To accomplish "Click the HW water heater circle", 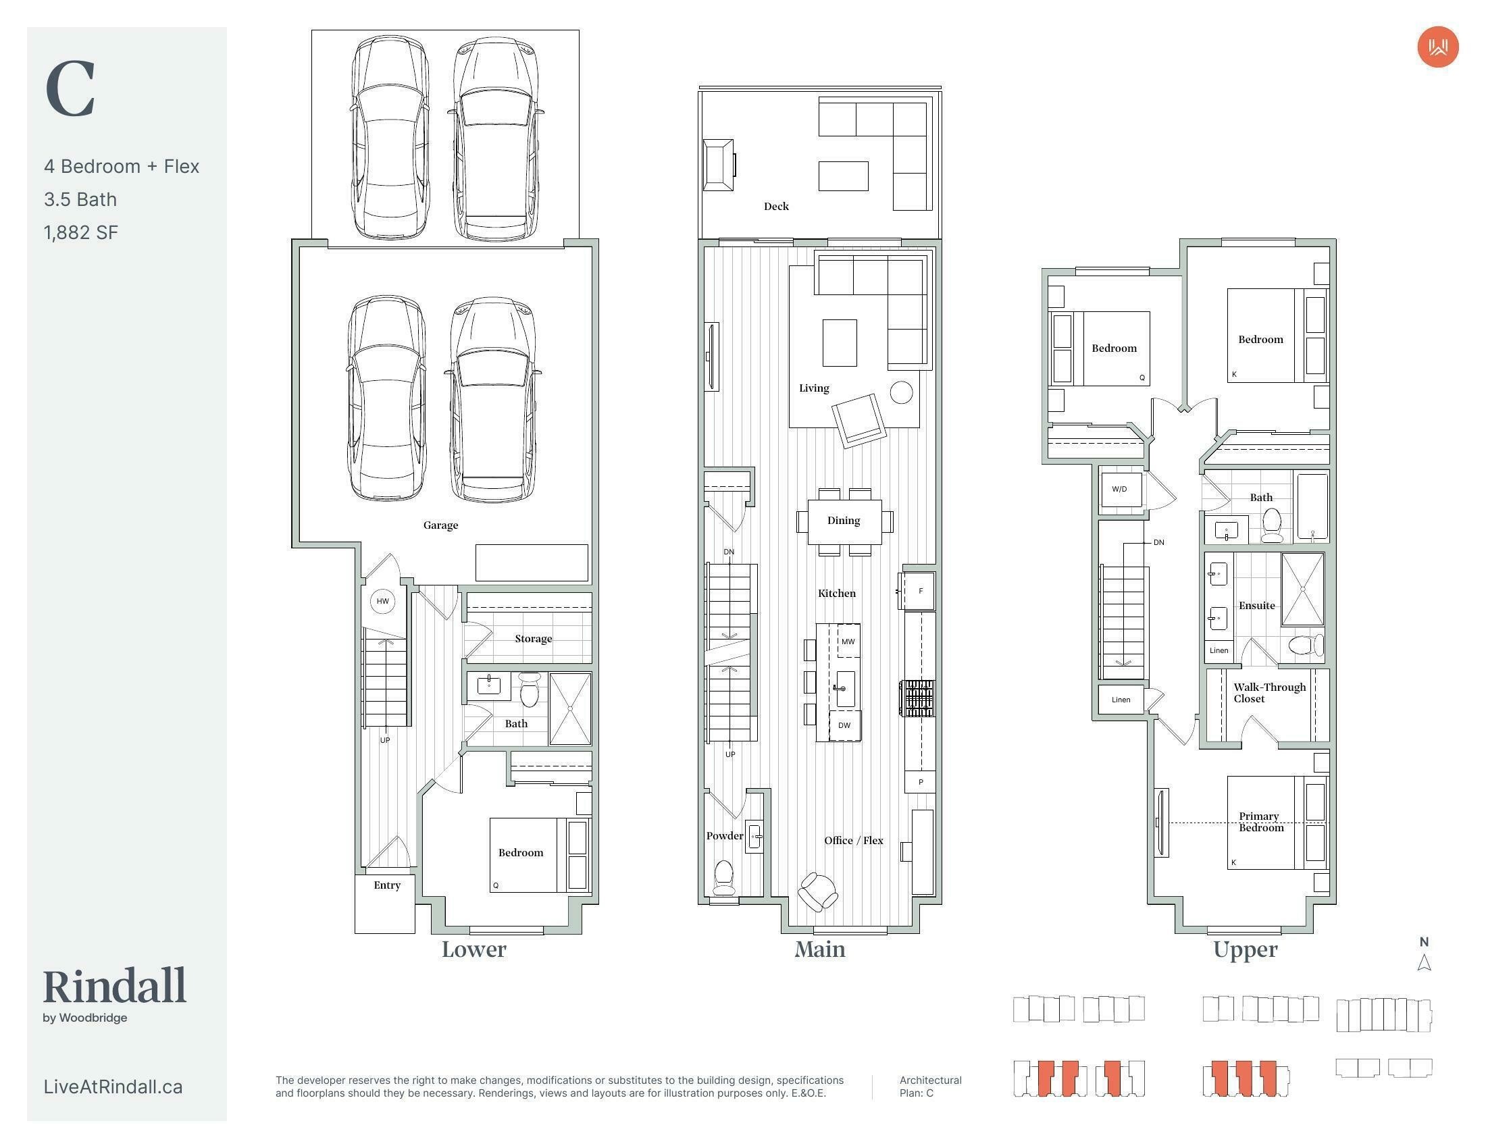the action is pyautogui.click(x=383, y=601).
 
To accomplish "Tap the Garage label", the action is pyautogui.click(x=440, y=525).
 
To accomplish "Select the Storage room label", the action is pyautogui.click(x=534, y=639).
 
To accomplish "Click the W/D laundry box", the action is pyautogui.click(x=1119, y=490).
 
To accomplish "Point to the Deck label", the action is pyautogui.click(x=776, y=206).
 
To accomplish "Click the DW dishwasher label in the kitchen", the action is pyautogui.click(x=844, y=725).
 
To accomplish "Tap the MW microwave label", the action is pyautogui.click(x=848, y=642).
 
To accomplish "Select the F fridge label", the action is pyautogui.click(x=921, y=591).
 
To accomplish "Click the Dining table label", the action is pyautogui.click(x=844, y=520).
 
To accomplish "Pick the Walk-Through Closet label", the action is pyautogui.click(x=1270, y=692).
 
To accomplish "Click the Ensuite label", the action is pyautogui.click(x=1257, y=605).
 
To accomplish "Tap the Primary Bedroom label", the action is pyautogui.click(x=1260, y=822).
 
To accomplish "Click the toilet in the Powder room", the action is pyautogui.click(x=723, y=878).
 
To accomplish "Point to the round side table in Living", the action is pyautogui.click(x=902, y=392).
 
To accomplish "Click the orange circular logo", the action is pyautogui.click(x=1437, y=47).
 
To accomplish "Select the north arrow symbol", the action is pyautogui.click(x=1424, y=962).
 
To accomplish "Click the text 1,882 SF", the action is pyautogui.click(x=81, y=232).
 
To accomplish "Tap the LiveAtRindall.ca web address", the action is pyautogui.click(x=113, y=1086).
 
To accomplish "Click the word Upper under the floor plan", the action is pyautogui.click(x=1245, y=950).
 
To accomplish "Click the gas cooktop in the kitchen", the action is pyautogui.click(x=917, y=698).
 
